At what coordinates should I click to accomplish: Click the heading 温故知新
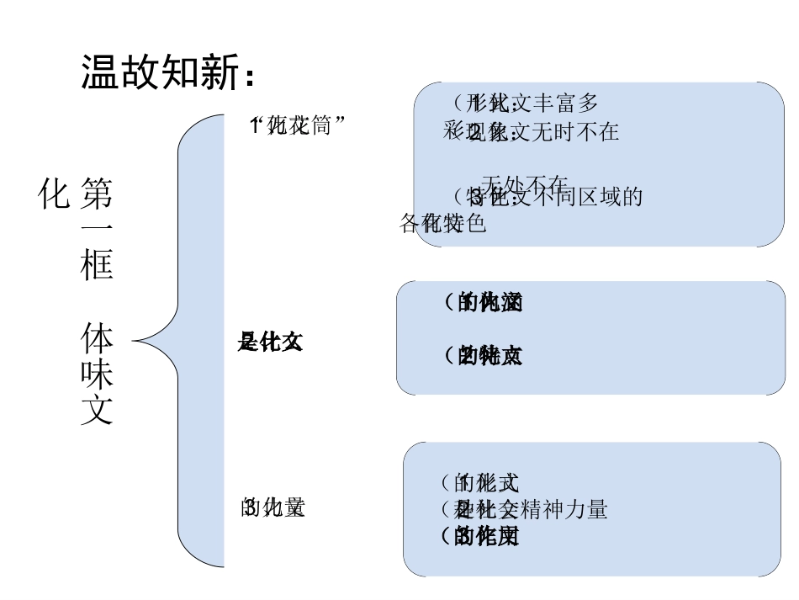[160, 72]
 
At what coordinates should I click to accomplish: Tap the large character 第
[97, 194]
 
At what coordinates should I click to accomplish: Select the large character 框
[97, 265]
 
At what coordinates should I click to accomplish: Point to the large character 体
[97, 337]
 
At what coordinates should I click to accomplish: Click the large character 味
[97, 374]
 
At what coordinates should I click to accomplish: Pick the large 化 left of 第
[54, 194]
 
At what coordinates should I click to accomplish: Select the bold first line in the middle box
[483, 302]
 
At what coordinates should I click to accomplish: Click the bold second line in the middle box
[483, 356]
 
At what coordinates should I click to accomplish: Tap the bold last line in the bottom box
[480, 535]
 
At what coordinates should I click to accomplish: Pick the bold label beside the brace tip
[270, 342]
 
